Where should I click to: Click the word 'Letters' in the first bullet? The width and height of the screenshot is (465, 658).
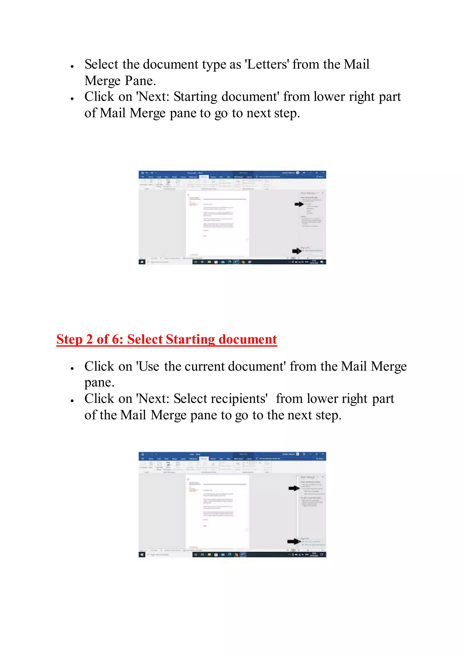click(x=267, y=65)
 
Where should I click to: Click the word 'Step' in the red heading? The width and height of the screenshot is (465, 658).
click(x=69, y=340)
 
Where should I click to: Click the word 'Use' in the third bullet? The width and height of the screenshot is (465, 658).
click(x=148, y=366)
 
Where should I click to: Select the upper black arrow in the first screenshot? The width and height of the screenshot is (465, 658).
click(x=299, y=204)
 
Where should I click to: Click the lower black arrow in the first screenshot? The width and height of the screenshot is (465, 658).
click(x=297, y=251)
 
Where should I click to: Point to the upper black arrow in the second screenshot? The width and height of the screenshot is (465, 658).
click(x=294, y=488)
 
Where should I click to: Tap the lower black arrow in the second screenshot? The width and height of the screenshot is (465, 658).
click(x=294, y=541)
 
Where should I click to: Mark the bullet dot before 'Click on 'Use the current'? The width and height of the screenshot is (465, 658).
click(x=72, y=369)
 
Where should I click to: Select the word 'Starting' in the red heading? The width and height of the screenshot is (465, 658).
click(x=190, y=340)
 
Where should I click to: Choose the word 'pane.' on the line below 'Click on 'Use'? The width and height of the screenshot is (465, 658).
click(x=99, y=383)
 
